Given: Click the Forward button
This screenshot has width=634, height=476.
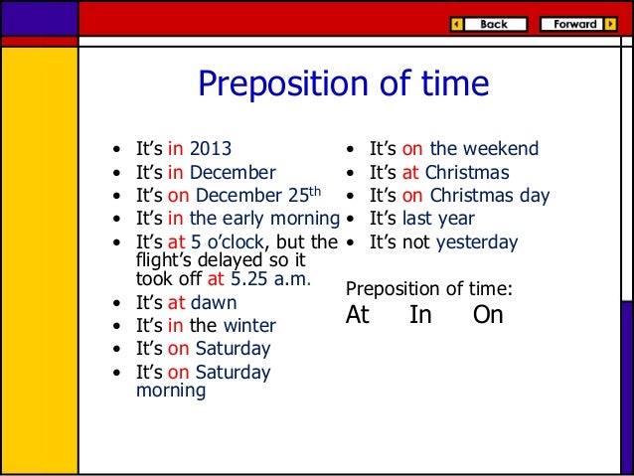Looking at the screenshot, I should pos(577,24).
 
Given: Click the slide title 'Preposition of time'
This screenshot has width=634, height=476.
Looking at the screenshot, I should pos(344,84).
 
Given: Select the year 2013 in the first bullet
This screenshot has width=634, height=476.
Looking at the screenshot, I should pos(210,150).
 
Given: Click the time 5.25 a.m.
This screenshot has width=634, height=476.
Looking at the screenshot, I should pos(272,279).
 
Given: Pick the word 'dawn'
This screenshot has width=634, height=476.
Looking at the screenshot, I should pos(215,302).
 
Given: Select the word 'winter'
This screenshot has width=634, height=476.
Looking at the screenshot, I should pos(249,325).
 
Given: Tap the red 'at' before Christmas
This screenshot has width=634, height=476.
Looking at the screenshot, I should pos(410,173).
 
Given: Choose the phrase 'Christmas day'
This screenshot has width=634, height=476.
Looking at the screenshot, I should pos(489,196).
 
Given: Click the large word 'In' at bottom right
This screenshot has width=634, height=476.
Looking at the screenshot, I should pos(420,316).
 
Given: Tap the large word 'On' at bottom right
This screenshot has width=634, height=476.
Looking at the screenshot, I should pos(488,316).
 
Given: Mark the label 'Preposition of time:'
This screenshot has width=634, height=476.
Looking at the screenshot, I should pos(428,289).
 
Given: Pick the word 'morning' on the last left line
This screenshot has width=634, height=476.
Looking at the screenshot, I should pos(170,391).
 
